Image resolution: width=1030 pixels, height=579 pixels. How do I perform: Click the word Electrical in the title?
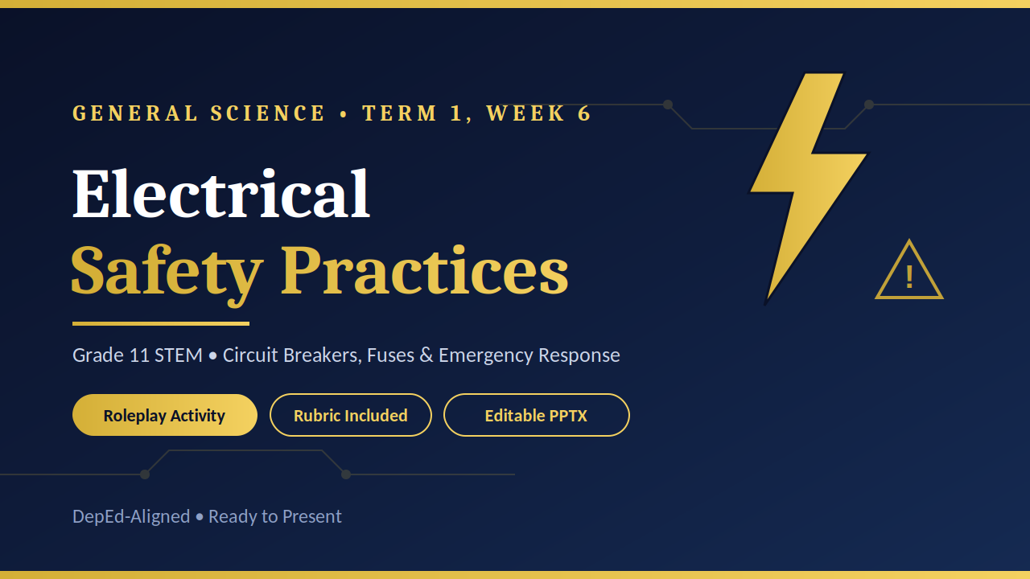221,193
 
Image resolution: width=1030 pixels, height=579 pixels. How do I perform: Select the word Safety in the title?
167,274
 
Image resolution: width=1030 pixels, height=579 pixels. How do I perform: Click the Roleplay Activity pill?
165,415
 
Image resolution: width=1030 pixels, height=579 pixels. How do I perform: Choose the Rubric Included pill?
350,415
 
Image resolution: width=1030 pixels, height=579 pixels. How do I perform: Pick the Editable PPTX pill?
536,415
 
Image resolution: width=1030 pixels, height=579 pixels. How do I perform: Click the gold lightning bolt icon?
809,188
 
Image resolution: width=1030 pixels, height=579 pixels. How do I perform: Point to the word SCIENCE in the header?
268,113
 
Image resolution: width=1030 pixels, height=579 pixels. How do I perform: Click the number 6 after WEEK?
584,113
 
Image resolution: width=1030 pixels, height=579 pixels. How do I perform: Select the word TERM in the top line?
399,113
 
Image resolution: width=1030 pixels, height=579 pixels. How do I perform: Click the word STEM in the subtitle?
179,355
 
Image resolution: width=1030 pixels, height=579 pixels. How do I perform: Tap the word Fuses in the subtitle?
390,355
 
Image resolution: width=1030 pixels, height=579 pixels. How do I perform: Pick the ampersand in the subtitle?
426,355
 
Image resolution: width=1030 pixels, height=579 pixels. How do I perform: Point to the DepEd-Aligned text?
131,517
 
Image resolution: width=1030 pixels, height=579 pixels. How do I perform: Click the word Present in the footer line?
311,516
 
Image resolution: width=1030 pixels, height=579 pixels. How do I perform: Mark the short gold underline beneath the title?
161,323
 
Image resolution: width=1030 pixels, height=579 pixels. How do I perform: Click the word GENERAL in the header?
135,113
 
